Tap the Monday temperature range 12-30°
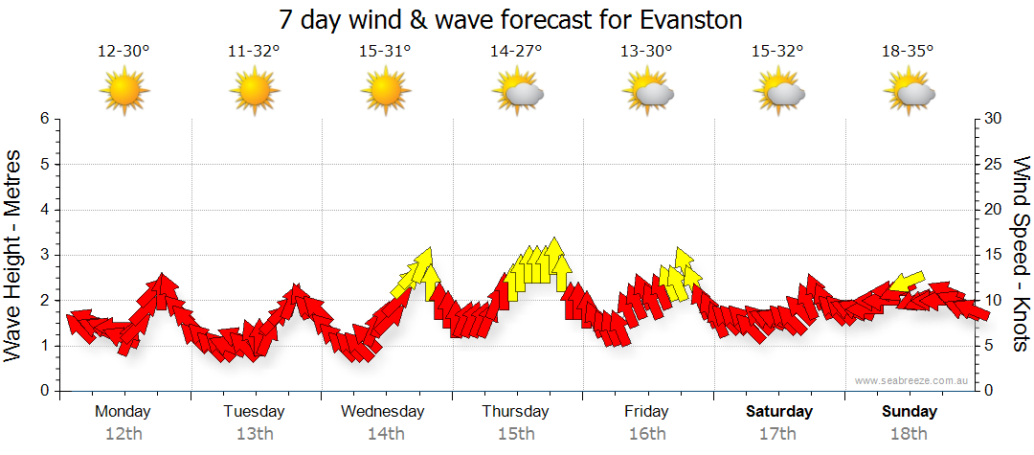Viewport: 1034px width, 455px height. (124, 52)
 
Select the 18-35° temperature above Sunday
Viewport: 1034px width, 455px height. (908, 52)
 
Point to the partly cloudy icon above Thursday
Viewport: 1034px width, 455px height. (517, 93)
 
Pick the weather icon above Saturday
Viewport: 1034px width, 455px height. (778, 93)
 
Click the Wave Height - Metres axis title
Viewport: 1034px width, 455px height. (13, 254)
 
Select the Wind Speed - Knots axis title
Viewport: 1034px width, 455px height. (1021, 254)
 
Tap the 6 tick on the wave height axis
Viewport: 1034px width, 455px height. (44, 119)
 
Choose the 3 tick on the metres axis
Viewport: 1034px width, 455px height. (44, 255)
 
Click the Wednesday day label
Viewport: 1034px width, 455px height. (383, 412)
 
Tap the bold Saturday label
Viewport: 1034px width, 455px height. (779, 412)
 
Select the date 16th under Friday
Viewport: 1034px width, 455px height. (647, 433)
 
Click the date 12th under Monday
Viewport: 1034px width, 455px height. (124, 433)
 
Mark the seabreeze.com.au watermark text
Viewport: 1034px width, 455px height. (913, 381)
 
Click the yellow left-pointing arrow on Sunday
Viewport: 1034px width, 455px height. (906, 282)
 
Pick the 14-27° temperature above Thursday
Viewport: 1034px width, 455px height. (516, 52)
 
